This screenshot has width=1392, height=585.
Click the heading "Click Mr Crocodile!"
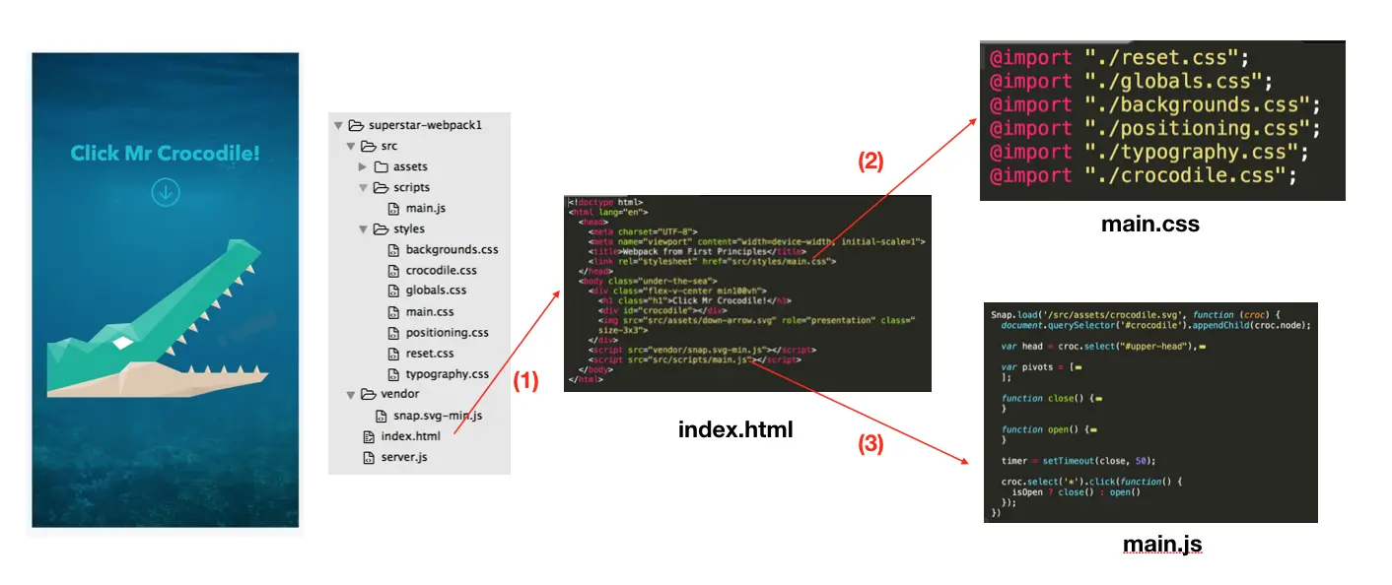click(165, 154)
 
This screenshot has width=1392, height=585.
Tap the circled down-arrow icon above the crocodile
click(165, 192)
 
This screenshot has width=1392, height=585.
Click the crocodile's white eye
click(120, 341)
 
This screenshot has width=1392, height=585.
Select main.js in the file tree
click(426, 208)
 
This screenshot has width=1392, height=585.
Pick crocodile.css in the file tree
click(441, 270)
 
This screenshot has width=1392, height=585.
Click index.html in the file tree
click(410, 435)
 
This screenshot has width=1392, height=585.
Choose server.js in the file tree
click(404, 457)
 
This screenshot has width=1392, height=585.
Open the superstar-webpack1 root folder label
click(424, 125)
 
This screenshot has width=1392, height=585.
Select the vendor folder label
click(400, 394)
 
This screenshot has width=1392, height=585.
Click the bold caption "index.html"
click(734, 429)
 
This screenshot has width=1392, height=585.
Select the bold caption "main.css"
click(1149, 225)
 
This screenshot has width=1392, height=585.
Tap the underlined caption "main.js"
click(1161, 544)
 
